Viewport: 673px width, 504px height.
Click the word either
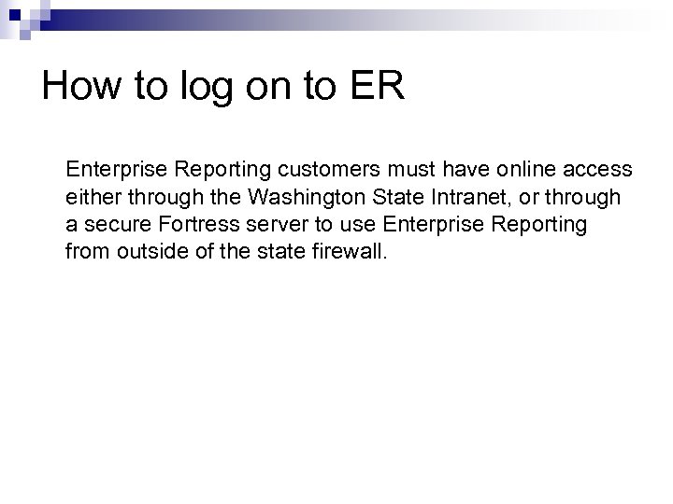(x=92, y=198)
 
